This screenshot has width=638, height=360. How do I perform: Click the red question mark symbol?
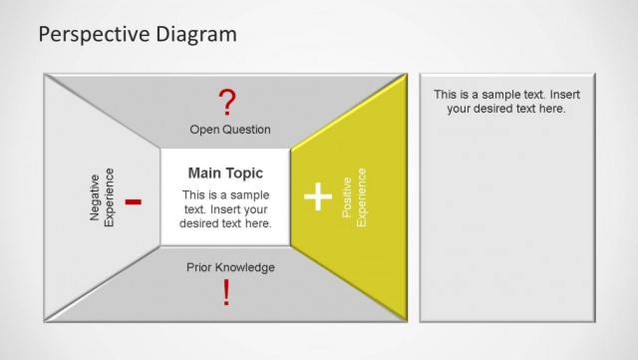click(228, 101)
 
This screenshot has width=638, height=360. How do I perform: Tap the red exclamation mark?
click(226, 292)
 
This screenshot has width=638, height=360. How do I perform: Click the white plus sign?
click(317, 196)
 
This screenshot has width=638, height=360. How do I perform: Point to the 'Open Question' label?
click(229, 130)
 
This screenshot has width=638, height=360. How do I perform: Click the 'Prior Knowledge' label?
click(230, 267)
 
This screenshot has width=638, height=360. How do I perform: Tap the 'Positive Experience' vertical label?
click(354, 196)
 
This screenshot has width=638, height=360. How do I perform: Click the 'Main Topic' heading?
click(225, 174)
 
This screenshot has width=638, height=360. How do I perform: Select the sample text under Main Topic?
click(225, 209)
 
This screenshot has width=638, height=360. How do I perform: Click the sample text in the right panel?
click(506, 101)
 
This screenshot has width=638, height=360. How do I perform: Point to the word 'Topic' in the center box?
click(245, 174)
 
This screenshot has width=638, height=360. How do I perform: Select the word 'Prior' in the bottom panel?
click(199, 267)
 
